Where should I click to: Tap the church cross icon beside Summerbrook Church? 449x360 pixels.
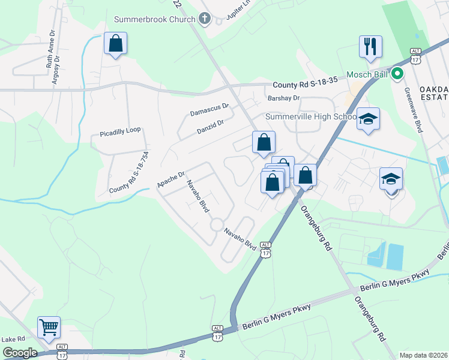pos(204,19)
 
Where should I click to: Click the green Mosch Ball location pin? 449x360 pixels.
pos(397,75)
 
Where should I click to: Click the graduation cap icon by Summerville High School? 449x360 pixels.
pos(369,118)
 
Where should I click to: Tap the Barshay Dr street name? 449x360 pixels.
pos(283,98)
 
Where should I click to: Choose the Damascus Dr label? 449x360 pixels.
pos(209,109)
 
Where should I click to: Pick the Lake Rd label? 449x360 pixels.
pos(13,339)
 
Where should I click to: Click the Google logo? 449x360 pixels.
pos(19,353)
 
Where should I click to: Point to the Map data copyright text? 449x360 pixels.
pos(423,355)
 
